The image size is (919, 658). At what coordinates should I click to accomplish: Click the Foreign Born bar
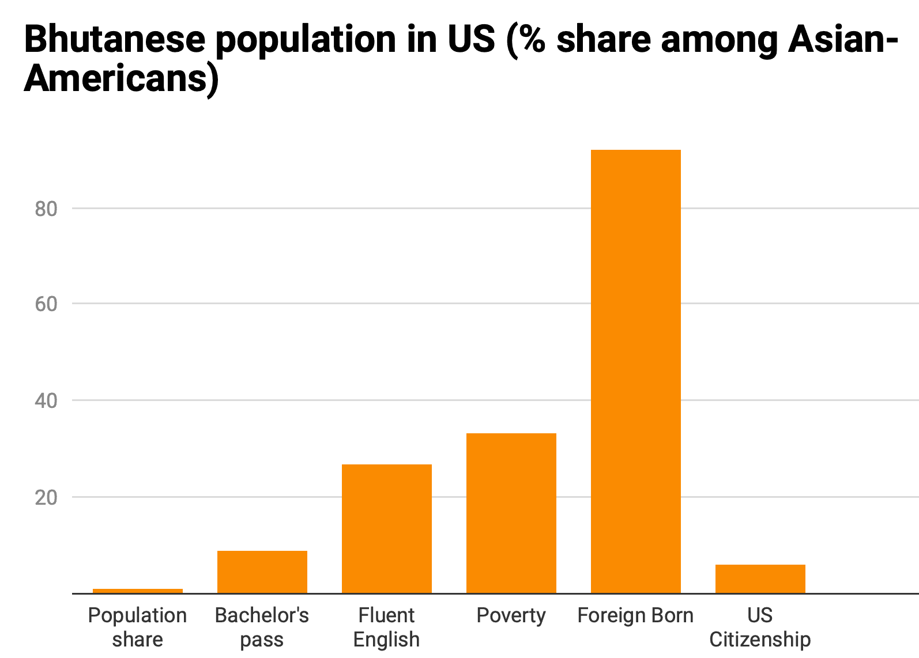(635, 372)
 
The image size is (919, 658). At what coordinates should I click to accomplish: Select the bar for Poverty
(511, 513)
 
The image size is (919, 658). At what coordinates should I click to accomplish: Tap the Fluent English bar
(386, 529)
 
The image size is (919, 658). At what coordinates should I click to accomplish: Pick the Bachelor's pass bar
(262, 572)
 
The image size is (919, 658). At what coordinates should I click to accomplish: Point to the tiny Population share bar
(137, 591)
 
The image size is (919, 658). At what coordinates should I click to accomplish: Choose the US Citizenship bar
(760, 579)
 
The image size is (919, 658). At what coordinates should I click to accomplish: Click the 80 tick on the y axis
(46, 209)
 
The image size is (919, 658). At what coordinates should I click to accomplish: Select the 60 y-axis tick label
(46, 304)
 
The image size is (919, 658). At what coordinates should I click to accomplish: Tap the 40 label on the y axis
(46, 400)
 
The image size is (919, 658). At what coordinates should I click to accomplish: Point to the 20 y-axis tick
(46, 498)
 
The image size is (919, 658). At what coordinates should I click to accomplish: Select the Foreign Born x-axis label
(635, 615)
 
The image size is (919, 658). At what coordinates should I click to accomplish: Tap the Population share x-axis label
(137, 627)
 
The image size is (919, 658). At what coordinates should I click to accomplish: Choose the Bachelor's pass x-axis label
(262, 627)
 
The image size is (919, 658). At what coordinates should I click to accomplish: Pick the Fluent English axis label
(386, 627)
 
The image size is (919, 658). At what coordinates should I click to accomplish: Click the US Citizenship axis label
(760, 627)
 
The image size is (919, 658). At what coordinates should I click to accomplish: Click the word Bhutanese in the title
(115, 39)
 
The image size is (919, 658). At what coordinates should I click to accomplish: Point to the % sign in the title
(532, 39)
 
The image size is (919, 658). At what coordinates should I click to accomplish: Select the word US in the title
(472, 39)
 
